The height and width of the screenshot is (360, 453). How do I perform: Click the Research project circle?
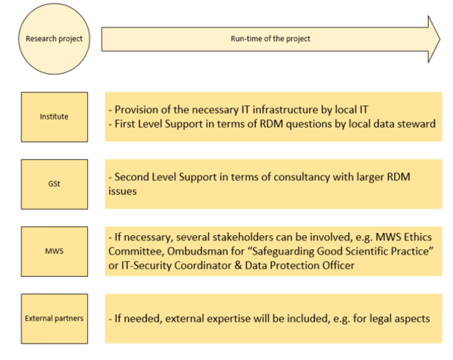point(54,39)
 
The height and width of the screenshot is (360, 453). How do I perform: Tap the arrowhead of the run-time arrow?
point(434,39)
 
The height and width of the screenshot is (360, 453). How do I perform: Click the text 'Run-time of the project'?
point(270,39)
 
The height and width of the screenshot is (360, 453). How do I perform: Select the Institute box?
point(54,117)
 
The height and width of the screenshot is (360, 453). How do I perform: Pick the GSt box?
point(54,184)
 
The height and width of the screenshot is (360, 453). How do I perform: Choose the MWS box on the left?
point(54,251)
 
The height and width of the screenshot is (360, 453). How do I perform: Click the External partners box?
point(54,318)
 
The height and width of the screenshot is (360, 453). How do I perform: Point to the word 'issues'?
point(123,191)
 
